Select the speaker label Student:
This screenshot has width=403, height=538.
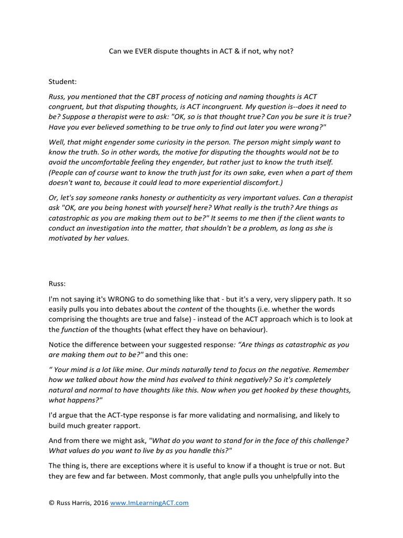point(63,82)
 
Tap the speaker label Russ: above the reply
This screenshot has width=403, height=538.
point(58,282)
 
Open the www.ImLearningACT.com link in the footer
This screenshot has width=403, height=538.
point(150,503)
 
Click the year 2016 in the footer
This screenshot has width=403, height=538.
point(100,503)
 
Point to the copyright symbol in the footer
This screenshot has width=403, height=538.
point(51,503)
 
